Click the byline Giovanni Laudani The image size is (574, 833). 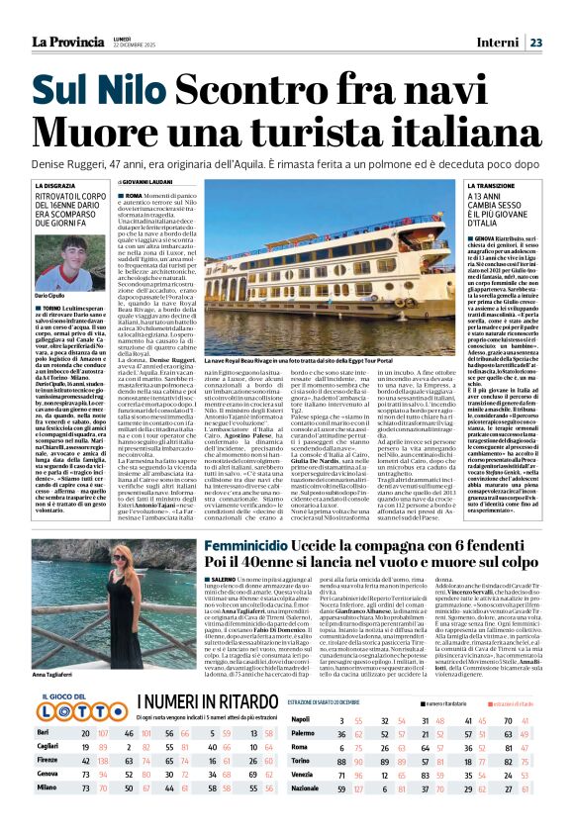pos(147,183)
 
